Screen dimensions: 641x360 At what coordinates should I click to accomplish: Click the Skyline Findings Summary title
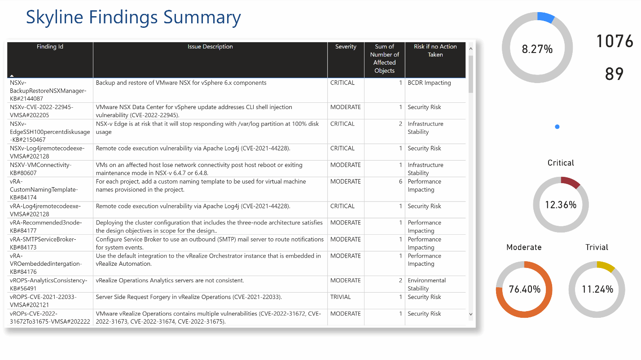(x=133, y=18)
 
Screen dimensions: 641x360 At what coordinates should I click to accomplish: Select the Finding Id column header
(x=50, y=47)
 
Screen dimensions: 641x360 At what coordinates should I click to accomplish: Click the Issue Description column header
(x=210, y=47)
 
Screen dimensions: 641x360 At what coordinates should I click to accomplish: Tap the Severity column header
(x=346, y=47)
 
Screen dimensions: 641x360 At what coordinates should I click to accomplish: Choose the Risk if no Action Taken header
(x=435, y=51)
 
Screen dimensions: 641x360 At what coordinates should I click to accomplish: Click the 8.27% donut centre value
(x=537, y=49)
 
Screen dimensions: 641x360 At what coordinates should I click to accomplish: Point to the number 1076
(x=614, y=41)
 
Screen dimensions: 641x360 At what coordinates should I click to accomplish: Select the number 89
(x=614, y=74)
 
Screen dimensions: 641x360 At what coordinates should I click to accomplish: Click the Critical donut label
(x=561, y=163)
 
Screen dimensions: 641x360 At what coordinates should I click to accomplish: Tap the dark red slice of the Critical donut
(x=571, y=182)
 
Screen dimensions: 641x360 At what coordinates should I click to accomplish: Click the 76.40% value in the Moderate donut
(x=524, y=290)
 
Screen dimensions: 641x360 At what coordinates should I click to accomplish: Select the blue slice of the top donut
(x=546, y=17)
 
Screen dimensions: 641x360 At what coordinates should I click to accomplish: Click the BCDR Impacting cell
(x=429, y=83)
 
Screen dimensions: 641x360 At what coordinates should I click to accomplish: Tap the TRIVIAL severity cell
(x=341, y=297)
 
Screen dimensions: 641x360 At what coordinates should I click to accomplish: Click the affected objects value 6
(x=400, y=182)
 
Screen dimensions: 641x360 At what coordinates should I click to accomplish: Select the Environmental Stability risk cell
(x=426, y=285)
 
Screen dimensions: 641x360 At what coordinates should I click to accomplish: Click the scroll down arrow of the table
(x=471, y=314)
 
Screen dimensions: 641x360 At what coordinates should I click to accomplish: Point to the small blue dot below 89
(x=557, y=127)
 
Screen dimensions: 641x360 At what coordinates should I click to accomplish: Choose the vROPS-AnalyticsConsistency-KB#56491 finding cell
(x=48, y=285)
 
